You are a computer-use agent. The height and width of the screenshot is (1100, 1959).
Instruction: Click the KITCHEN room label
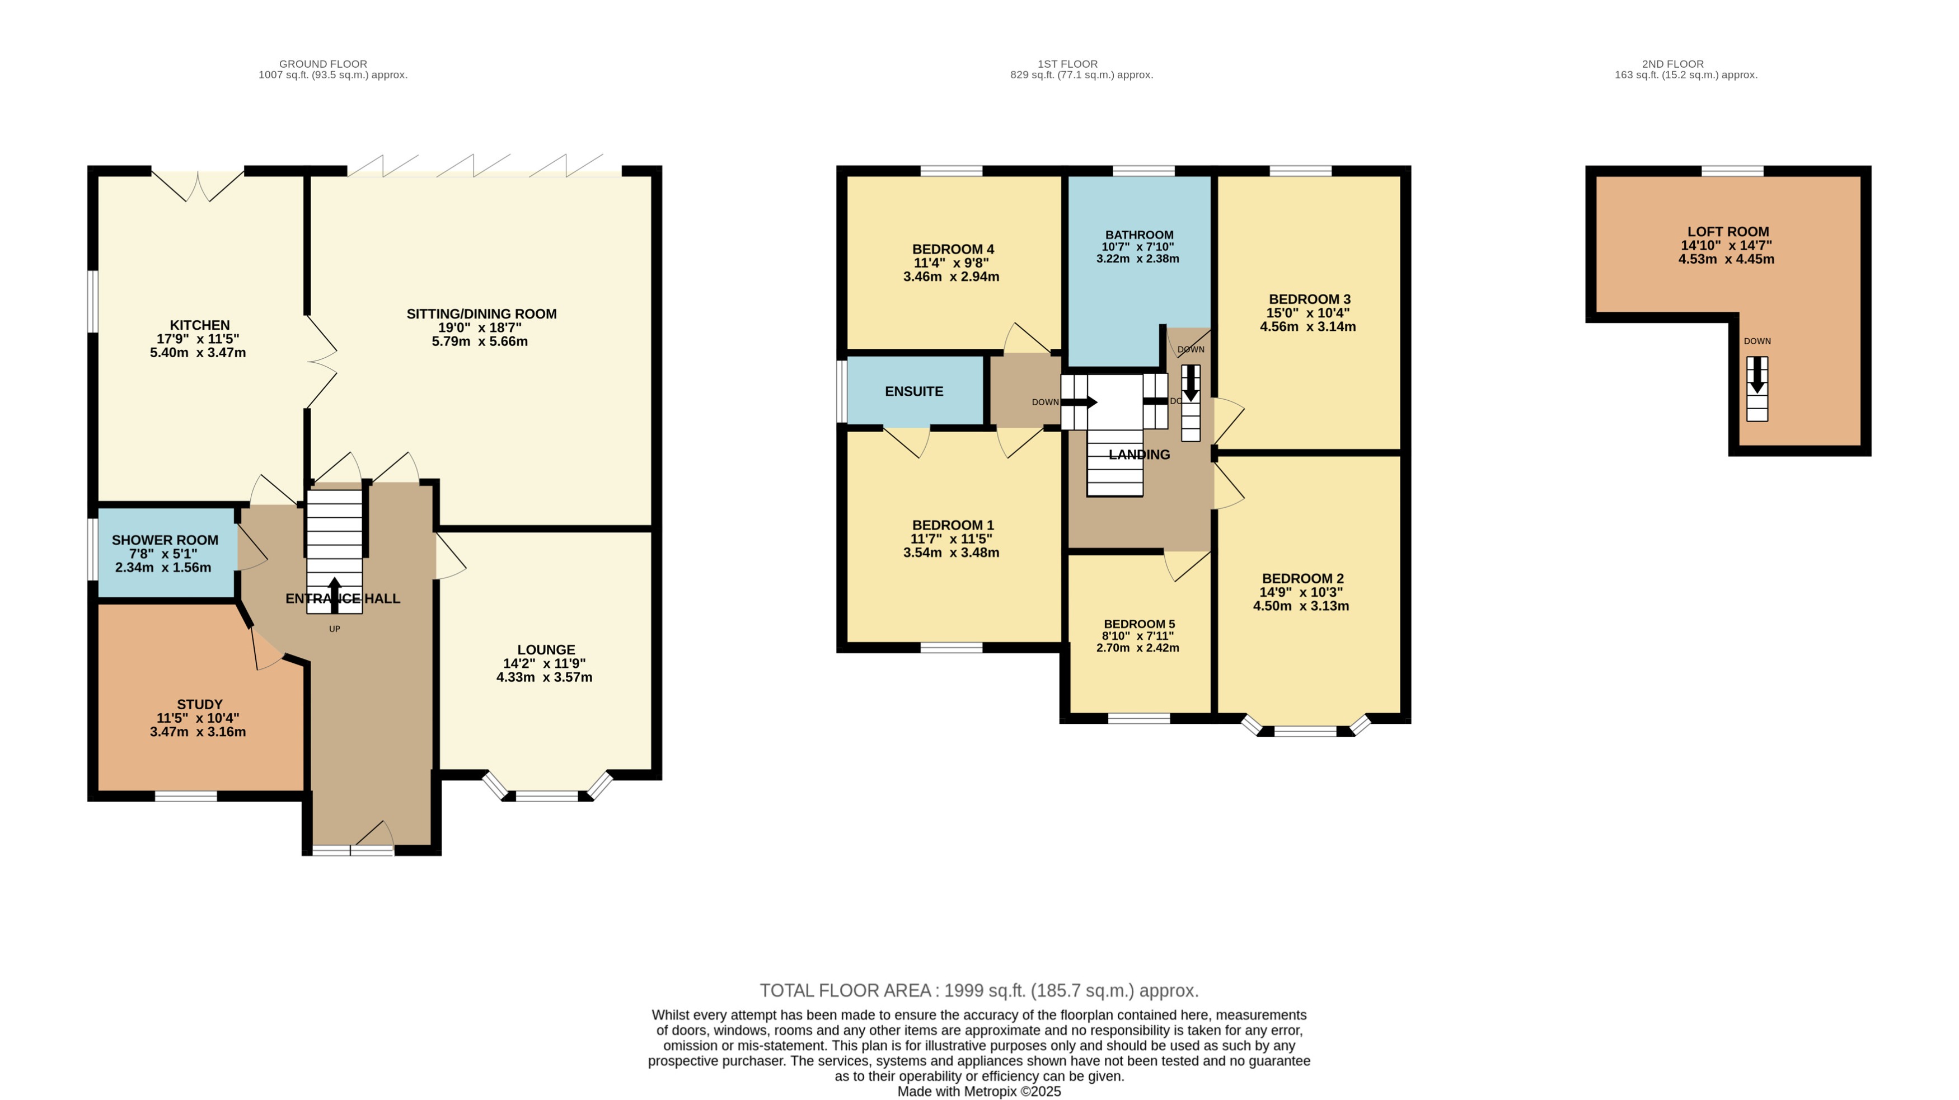pos(199,325)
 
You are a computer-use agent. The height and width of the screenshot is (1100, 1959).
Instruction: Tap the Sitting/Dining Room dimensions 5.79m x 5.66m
pos(479,341)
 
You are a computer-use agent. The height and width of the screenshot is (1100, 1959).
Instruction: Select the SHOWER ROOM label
pos(165,540)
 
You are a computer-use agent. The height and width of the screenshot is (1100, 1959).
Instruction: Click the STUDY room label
pos(199,704)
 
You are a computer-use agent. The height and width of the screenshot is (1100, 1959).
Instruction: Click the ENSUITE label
pos(913,391)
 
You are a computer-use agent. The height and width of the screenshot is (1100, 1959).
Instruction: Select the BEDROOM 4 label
pos(953,249)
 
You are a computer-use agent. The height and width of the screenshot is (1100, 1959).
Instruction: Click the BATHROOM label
pos(1138,235)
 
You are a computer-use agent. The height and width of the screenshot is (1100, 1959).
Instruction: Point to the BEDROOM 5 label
pos(1138,624)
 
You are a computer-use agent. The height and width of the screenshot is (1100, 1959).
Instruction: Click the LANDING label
pos(1138,455)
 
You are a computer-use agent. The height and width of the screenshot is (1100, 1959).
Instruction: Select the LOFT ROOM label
pos(1728,231)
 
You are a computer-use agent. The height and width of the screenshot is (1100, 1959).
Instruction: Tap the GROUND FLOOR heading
pos(322,64)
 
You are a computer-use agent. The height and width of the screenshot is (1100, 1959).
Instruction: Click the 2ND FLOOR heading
pos(1672,64)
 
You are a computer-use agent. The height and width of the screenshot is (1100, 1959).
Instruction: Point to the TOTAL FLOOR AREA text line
pos(979,990)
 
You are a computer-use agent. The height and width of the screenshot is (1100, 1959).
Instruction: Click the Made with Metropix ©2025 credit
pos(979,1092)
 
